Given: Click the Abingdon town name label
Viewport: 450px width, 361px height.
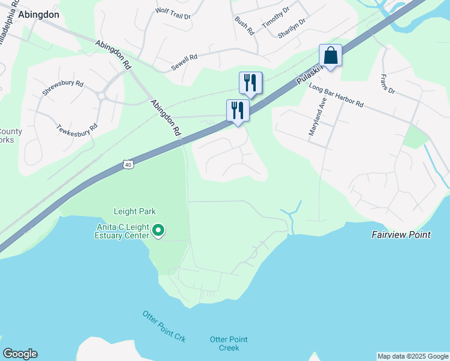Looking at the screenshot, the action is pyautogui.click(x=42, y=14).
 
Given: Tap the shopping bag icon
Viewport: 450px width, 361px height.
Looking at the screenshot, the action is pyautogui.click(x=330, y=55).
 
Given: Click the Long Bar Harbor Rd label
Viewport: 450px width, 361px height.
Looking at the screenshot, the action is pyautogui.click(x=336, y=96).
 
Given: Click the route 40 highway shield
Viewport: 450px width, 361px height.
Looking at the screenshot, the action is pyautogui.click(x=128, y=164).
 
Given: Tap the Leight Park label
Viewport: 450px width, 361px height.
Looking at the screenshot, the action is pyautogui.click(x=135, y=211).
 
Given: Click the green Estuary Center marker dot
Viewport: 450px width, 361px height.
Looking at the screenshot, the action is pyautogui.click(x=159, y=230).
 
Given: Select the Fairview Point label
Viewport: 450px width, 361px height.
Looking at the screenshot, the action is pyautogui.click(x=401, y=235).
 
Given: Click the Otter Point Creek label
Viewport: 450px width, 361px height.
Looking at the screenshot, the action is pyautogui.click(x=225, y=344).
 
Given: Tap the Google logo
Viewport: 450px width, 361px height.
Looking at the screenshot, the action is pyautogui.click(x=20, y=354).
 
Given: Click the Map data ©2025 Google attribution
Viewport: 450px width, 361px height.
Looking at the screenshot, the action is pyautogui.click(x=413, y=356).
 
